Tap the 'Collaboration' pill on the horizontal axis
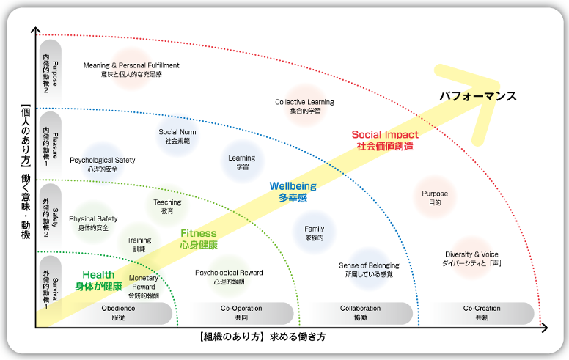click(360, 313)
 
